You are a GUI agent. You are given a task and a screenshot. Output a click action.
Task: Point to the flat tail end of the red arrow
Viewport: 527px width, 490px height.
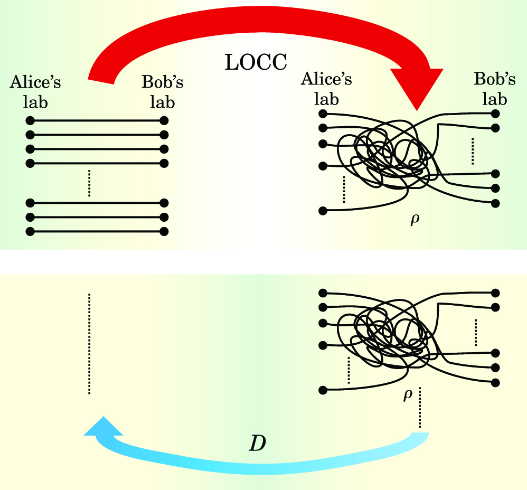pos(100,78)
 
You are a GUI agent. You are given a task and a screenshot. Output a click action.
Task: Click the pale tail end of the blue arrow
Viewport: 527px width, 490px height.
pos(420,437)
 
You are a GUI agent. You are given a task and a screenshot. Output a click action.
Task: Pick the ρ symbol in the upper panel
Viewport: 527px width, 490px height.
pos(415,219)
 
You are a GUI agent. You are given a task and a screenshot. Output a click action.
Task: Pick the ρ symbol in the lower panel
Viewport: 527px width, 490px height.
pos(407,395)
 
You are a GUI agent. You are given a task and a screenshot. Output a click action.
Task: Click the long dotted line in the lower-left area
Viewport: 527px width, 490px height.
pos(89,343)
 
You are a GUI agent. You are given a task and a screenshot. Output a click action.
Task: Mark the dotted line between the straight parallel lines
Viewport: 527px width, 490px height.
pos(89,183)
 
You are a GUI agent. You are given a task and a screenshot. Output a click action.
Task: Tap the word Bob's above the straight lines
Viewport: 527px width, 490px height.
pos(163,83)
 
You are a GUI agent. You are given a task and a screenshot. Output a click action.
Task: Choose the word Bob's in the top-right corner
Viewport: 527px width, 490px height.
pos(495,79)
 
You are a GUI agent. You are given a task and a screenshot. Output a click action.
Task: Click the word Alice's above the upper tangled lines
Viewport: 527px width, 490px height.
pos(326,79)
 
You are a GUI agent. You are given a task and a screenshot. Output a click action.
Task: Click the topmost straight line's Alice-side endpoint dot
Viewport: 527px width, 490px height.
pos(30,120)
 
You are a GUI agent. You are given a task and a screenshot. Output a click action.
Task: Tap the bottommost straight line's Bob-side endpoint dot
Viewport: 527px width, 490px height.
pos(164,231)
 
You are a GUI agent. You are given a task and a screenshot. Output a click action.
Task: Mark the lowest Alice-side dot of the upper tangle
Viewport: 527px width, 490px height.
pos(323,211)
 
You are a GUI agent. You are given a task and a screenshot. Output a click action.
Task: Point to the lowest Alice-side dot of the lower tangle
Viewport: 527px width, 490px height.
pos(323,390)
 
